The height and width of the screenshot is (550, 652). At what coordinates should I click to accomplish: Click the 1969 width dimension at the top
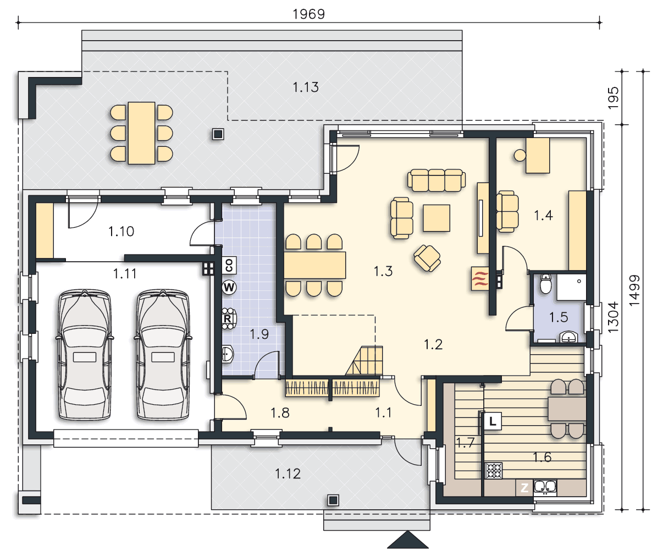(x=308, y=14)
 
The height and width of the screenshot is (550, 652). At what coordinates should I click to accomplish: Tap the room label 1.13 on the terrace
(x=306, y=87)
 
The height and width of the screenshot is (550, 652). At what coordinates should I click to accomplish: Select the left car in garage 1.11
(x=85, y=355)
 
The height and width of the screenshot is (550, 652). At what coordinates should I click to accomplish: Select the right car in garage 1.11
(x=163, y=355)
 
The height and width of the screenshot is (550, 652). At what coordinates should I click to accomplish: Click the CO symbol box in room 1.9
(x=229, y=265)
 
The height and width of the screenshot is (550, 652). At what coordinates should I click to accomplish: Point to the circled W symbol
(x=229, y=287)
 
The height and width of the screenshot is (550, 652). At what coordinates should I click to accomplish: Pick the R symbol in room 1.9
(x=228, y=319)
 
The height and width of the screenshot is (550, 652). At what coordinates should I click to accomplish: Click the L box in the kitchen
(x=493, y=421)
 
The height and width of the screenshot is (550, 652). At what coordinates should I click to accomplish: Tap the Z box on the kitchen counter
(x=524, y=488)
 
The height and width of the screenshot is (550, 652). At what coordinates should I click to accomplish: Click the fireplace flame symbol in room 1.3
(x=480, y=278)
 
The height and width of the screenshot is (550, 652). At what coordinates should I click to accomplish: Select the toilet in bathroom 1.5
(x=545, y=284)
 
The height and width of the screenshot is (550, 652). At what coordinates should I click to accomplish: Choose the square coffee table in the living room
(x=436, y=218)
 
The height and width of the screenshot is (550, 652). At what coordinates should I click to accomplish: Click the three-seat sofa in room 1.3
(x=436, y=180)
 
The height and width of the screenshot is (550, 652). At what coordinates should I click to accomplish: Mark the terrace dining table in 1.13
(x=141, y=133)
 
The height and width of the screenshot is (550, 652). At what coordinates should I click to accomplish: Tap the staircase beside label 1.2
(x=364, y=361)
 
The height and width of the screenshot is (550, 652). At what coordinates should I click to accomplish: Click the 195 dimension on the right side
(x=614, y=98)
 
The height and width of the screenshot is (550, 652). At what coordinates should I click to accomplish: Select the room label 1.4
(x=543, y=216)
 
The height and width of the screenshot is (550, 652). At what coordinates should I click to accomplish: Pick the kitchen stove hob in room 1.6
(x=494, y=471)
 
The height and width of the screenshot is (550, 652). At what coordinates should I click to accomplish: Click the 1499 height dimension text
(x=634, y=290)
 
